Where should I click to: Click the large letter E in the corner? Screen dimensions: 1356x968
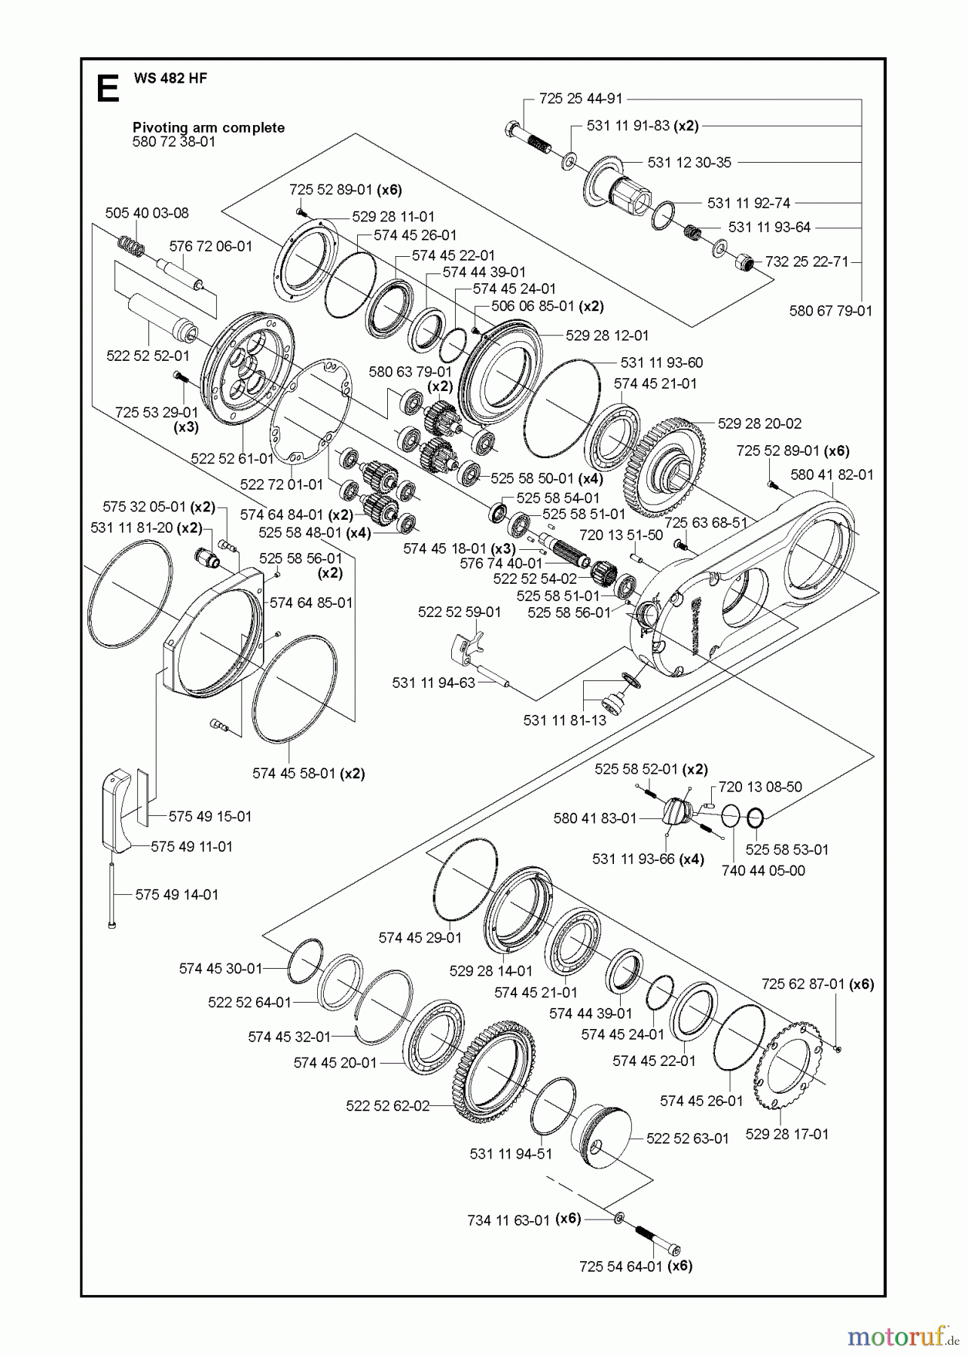tap(108, 89)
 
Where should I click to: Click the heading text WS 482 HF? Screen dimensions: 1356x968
tap(171, 78)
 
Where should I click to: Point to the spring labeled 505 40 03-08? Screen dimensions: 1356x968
tap(131, 245)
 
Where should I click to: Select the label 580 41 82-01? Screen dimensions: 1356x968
tap(832, 475)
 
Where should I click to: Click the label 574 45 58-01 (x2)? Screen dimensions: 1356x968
tap(308, 774)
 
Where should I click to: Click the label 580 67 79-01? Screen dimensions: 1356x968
tap(831, 310)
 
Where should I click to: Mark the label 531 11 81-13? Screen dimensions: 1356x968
tap(564, 720)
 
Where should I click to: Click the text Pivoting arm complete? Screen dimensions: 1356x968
tap(209, 127)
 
